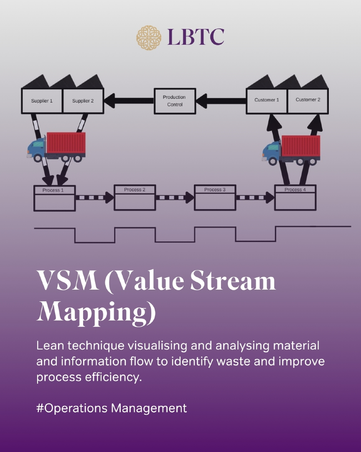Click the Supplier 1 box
pos(42,101)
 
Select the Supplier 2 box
pos(83,101)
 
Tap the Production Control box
pos(175,101)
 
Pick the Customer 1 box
pos(267,100)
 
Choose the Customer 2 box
pos(308,100)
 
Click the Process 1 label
pos(53,190)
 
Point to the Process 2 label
pos(135,190)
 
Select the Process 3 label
pos(215,190)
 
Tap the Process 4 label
pos(295,190)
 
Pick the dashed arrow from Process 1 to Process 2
pos(94,197)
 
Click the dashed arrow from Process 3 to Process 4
pos(255,197)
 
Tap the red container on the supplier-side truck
pos(66,143)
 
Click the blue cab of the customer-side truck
pos(272,151)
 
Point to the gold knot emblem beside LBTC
pos(149,36)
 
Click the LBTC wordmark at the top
pos(196,37)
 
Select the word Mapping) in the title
pos(97,310)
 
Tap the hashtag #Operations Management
pos(112,408)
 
